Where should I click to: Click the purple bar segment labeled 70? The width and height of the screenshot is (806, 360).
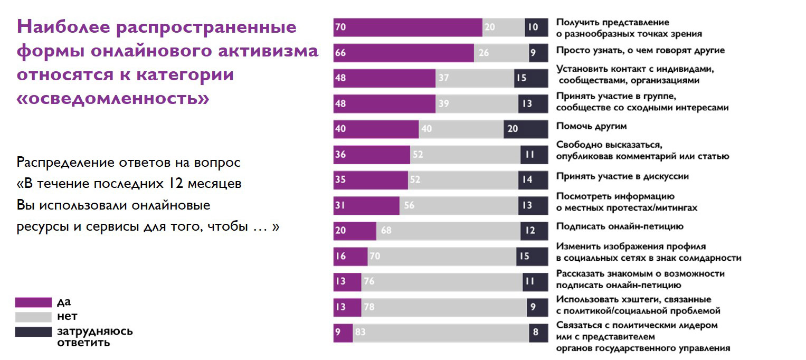click(x=407, y=27)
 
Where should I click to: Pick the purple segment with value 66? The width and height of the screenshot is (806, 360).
click(x=403, y=53)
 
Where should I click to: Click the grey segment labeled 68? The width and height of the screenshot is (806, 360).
click(x=448, y=231)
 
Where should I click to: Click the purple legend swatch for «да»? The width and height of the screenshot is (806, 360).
click(x=33, y=302)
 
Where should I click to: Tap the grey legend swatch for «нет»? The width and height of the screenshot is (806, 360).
click(x=33, y=317)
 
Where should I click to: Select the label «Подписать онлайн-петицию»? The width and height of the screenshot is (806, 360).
click(x=620, y=226)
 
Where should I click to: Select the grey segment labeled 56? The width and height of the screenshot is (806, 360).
click(x=458, y=206)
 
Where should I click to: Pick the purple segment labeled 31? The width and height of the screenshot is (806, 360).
click(x=366, y=206)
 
